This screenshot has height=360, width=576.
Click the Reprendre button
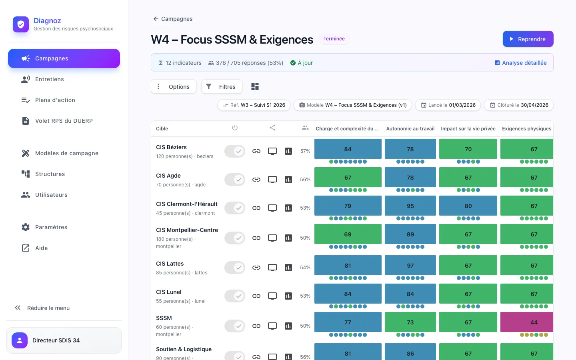click(528, 39)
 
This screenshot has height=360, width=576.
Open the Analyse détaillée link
click(520, 63)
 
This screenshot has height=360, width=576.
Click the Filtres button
click(222, 87)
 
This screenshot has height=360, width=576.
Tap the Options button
click(174, 87)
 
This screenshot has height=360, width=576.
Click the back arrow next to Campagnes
click(156, 19)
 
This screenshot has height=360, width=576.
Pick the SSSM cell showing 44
click(527, 322)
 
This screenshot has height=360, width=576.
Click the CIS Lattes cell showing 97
click(410, 265)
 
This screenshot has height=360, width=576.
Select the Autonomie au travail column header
click(410, 128)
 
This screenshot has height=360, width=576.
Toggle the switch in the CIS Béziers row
click(234, 151)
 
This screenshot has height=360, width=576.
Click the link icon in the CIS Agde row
click(256, 180)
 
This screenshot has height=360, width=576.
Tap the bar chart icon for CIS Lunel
click(288, 296)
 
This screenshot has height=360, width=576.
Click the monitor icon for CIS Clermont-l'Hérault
click(272, 208)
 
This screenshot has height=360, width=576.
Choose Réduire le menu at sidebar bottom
click(42, 308)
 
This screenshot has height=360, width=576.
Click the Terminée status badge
click(334, 39)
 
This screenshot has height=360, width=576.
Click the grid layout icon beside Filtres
click(255, 86)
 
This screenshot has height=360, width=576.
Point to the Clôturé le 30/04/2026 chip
click(519, 105)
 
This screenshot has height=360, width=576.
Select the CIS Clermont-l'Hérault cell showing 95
click(410, 206)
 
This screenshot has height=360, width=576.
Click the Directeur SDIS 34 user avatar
click(20, 340)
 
